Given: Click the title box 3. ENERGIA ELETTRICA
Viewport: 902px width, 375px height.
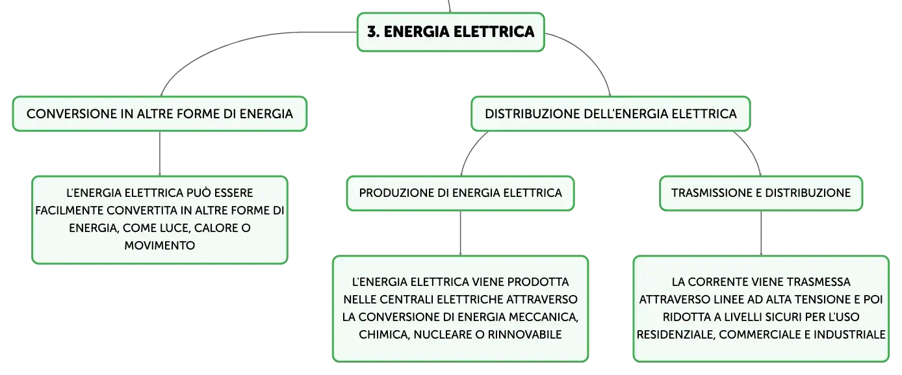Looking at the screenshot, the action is point(450,32).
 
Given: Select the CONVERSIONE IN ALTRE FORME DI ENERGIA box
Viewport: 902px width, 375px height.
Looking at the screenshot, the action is point(160,114).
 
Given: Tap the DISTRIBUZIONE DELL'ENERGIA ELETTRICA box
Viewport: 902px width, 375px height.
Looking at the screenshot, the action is point(610,114).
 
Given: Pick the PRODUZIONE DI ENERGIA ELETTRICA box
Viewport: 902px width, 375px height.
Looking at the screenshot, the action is point(460,193).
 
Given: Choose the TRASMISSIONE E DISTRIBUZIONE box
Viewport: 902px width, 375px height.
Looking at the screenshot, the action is point(761,193).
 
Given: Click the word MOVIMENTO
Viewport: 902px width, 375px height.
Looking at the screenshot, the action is point(160,245).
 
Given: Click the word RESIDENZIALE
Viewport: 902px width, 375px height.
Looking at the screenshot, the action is point(675,334).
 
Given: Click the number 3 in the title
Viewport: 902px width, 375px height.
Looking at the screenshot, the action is point(372,32).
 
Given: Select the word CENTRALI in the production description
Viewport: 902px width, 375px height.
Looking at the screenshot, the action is point(407,299).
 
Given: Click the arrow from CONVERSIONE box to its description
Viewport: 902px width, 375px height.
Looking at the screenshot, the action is point(160,153).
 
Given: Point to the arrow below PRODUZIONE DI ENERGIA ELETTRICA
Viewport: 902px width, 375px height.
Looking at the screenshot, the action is point(460,233).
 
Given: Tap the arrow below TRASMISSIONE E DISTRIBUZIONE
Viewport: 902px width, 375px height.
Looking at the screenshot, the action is point(761,233).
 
